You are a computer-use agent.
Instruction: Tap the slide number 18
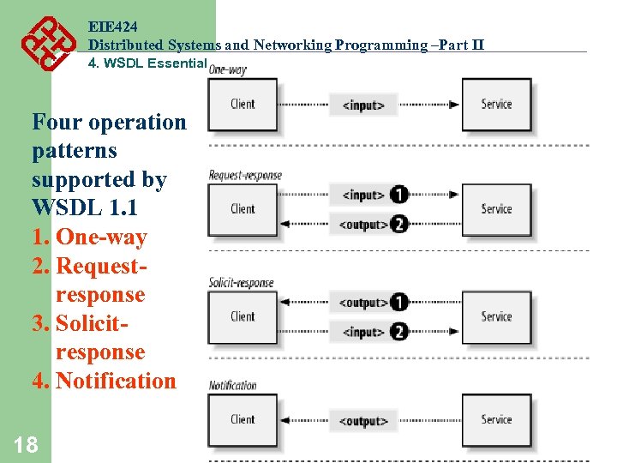tap(26, 444)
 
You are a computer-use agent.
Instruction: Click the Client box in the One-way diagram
tap(243, 105)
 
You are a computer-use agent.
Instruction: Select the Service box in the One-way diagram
tap(496, 105)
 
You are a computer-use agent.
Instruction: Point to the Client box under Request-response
tap(243, 209)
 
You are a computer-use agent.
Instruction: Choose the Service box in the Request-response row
tap(496, 209)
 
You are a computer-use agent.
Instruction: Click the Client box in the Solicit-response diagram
tap(243, 316)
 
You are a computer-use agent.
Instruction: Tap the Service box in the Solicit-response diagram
tap(496, 316)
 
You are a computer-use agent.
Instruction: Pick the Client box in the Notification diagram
tap(243, 419)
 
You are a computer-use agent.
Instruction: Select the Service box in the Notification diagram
tap(496, 419)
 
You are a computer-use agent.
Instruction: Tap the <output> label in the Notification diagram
tap(363, 421)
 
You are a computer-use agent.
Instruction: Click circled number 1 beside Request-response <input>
tap(398, 195)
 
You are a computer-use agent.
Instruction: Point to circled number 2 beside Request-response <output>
tap(398, 225)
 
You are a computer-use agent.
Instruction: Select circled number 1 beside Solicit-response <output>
tap(398, 302)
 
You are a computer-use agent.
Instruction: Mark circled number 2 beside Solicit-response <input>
tap(398, 332)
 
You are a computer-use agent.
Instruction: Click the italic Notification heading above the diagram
tap(232, 386)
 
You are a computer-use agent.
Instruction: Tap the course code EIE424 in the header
tap(112, 27)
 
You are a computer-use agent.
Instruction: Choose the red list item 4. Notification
tap(104, 381)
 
